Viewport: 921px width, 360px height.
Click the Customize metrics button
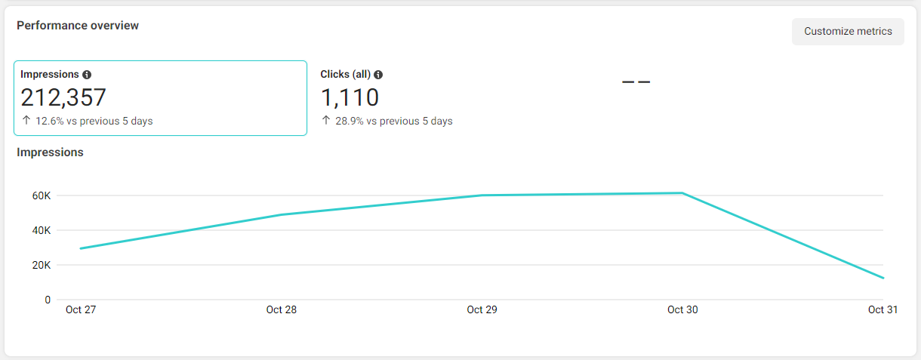(848, 32)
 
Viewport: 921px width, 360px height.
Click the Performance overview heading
(78, 26)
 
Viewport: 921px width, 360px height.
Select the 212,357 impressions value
(63, 97)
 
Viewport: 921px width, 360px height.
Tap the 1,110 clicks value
(350, 97)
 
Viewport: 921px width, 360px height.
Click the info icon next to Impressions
(87, 75)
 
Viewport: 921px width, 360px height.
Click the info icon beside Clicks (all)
(378, 75)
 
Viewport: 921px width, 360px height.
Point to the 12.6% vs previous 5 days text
(94, 121)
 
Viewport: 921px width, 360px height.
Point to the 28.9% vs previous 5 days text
(393, 121)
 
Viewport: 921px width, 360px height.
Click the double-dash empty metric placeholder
(636, 82)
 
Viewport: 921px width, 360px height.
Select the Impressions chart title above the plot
(50, 152)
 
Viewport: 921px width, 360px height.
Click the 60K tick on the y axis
(42, 195)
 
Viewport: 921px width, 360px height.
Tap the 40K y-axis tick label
(42, 230)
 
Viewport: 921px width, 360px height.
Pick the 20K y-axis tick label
(42, 265)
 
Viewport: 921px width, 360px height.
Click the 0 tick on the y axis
(48, 300)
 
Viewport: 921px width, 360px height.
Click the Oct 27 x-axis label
(81, 309)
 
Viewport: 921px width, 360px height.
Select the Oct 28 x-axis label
(282, 309)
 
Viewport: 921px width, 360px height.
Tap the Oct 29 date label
(482, 309)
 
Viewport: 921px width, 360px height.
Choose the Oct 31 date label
(882, 309)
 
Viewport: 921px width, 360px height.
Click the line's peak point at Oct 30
(682, 192)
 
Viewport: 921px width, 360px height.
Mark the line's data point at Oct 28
(282, 214)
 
